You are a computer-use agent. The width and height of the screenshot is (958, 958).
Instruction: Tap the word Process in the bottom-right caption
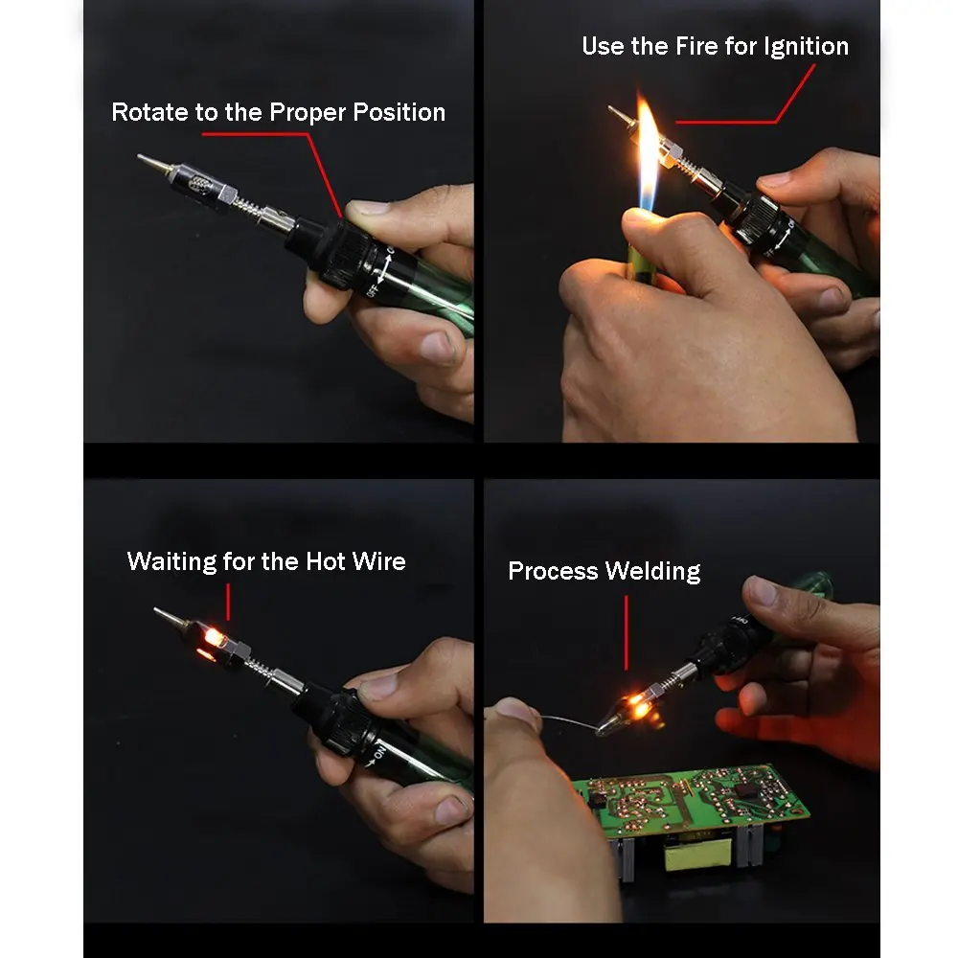pyautogui.click(x=553, y=571)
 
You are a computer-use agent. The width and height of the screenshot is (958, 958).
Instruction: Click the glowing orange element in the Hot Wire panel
pyautogui.click(x=212, y=638)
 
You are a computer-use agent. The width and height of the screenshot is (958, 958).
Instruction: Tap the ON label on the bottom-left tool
pyautogui.click(x=378, y=753)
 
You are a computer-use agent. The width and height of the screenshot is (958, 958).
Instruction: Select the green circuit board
pyautogui.click(x=691, y=799)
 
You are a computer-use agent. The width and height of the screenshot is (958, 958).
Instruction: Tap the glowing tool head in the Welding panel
pyautogui.click(x=632, y=709)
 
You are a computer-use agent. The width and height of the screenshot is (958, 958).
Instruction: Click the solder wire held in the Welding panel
pyautogui.click(x=569, y=721)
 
